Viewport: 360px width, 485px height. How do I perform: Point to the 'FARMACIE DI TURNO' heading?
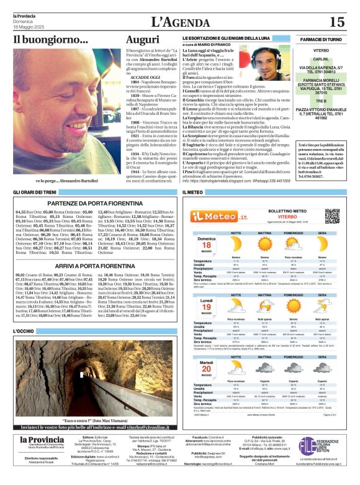click(321, 39)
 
